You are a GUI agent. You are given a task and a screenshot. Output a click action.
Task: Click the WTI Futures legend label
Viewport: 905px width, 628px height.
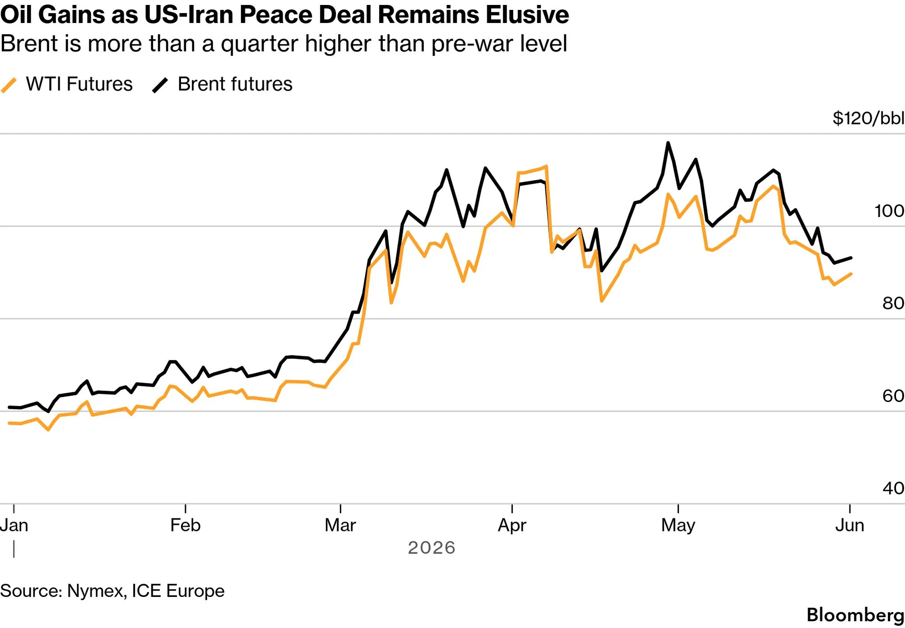[79, 84]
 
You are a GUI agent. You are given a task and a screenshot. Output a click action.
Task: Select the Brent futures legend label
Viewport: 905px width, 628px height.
[235, 84]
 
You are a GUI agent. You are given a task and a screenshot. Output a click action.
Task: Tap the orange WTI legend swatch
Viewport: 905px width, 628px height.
[9, 85]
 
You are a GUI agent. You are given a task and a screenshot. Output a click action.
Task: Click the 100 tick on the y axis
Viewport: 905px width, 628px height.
[889, 211]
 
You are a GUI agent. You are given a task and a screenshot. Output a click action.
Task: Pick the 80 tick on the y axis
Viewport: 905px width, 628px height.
[893, 303]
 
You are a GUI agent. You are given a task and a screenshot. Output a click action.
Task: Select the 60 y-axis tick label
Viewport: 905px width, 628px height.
[893, 396]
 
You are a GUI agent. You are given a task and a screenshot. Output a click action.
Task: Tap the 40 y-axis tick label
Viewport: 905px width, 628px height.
[893, 488]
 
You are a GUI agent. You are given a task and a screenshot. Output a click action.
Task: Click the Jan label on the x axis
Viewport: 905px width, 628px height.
[14, 525]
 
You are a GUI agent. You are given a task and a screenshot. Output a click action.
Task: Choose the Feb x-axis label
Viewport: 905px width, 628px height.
[186, 525]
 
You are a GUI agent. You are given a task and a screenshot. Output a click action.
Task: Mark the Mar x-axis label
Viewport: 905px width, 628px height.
[340, 525]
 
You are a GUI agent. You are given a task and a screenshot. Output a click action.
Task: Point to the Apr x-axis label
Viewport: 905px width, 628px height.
[512, 526]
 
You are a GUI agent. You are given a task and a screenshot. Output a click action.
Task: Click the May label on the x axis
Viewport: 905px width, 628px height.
[678, 526]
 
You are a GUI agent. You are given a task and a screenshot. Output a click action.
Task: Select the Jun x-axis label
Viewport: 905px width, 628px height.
[850, 525]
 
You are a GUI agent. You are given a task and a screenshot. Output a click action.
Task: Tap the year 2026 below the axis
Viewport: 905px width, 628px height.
[432, 548]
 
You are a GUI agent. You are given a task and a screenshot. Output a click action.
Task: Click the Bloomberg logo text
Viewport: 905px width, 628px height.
[855, 615]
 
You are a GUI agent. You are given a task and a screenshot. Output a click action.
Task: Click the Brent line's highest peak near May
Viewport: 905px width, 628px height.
[668, 143]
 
